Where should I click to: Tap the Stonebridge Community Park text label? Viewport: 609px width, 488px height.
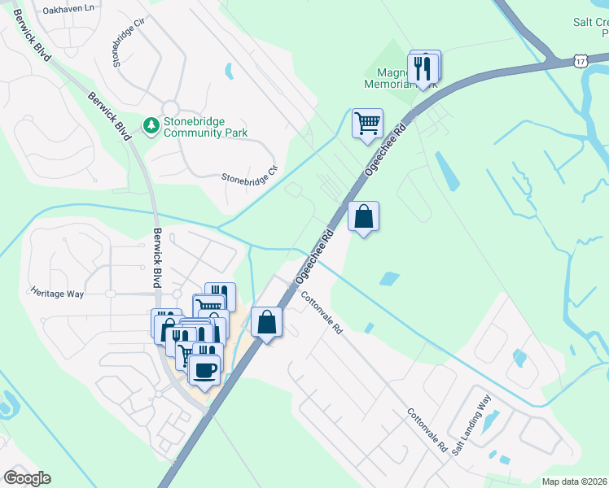point(205,127)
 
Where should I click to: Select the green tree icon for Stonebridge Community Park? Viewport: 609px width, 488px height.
point(150,125)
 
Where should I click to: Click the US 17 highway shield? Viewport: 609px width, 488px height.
point(579,61)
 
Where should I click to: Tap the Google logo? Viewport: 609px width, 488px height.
point(27,478)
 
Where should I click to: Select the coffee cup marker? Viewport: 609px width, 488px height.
point(204,370)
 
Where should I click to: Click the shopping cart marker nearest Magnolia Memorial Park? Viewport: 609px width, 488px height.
point(367,124)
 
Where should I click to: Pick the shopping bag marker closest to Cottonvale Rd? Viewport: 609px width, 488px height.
point(266,322)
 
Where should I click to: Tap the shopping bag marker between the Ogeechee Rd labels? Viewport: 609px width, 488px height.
point(364,217)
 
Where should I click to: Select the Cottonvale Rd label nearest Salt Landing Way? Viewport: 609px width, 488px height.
point(427,430)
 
